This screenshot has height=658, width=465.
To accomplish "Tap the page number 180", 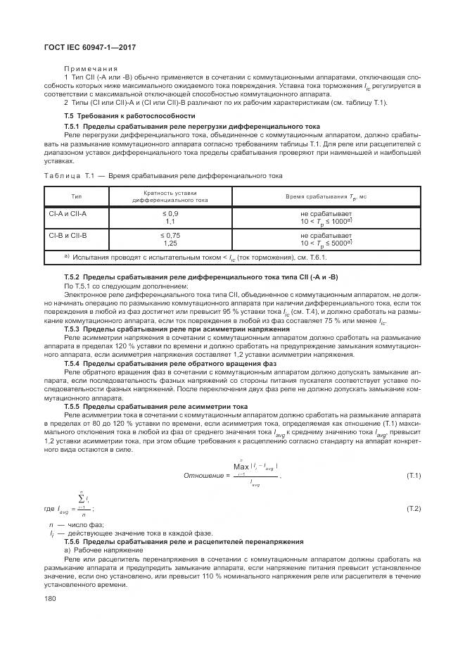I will tap(51, 598).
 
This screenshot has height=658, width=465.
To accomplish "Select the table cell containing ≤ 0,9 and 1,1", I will tap(170, 217).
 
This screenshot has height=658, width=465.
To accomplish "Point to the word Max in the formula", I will tap(241, 466).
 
